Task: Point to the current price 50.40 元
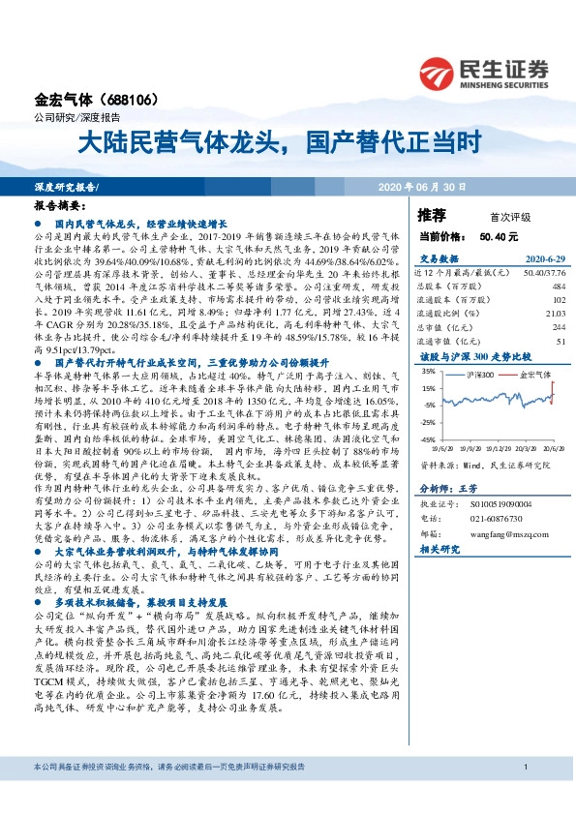tap(499, 235)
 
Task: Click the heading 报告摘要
tap(60, 206)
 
